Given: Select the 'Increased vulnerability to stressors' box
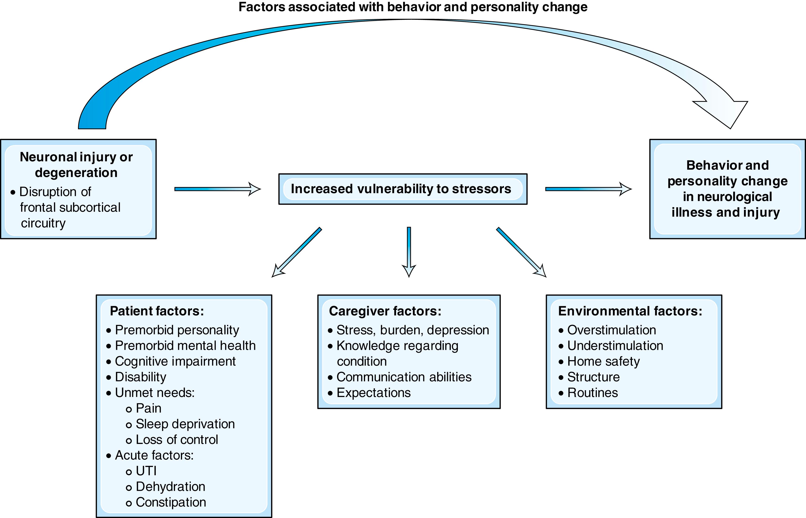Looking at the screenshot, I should [402, 189].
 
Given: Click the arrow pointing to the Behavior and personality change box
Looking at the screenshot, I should [588, 189].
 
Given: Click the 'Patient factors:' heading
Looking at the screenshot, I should [157, 311].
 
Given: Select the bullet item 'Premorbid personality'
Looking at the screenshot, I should [177, 330].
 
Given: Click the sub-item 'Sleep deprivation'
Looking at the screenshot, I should [185, 424].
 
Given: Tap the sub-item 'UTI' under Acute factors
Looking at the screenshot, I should [146, 471].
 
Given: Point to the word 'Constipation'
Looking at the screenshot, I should [171, 502].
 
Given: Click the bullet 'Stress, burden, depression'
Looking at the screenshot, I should [413, 330].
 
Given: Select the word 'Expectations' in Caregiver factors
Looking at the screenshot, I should [373, 393].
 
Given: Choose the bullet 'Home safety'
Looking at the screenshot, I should [603, 361].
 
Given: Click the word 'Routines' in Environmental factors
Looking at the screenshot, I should [592, 393].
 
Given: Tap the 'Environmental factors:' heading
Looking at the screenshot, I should [630, 311].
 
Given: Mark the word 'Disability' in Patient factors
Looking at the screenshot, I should [140, 377].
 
